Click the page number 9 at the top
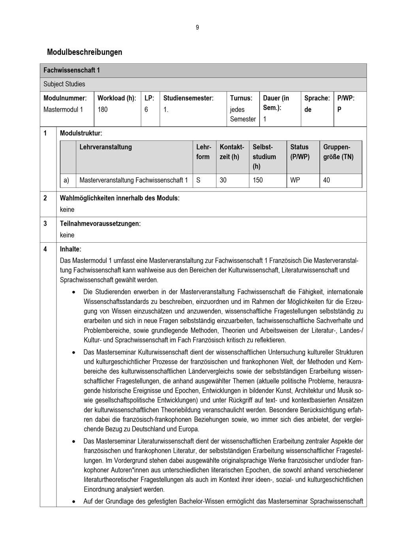click(197, 27)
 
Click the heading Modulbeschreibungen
click(84, 52)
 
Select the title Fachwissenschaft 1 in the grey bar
click(71, 70)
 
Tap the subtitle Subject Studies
click(64, 84)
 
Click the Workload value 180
click(102, 109)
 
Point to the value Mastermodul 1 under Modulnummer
click(63, 109)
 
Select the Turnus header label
click(241, 98)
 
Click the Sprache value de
click(308, 109)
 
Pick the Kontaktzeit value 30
click(223, 180)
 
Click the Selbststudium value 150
click(258, 180)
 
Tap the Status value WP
click(295, 180)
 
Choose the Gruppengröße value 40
click(326, 180)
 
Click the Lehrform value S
click(198, 180)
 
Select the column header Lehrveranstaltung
click(105, 147)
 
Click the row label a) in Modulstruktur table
click(66, 180)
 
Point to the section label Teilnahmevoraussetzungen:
click(100, 224)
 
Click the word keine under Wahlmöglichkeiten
click(67, 210)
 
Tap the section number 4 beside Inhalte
click(45, 249)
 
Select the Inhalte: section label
click(70, 249)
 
